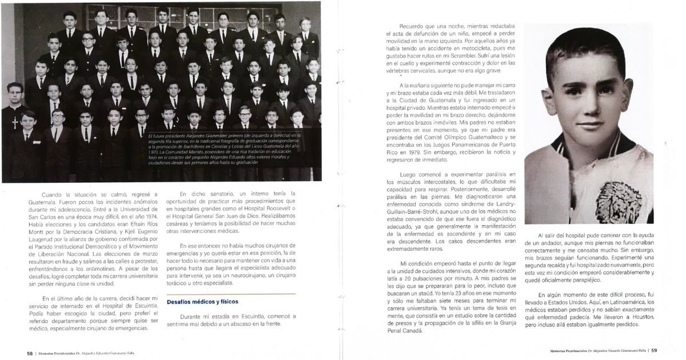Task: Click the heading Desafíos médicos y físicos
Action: (x=202, y=301)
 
